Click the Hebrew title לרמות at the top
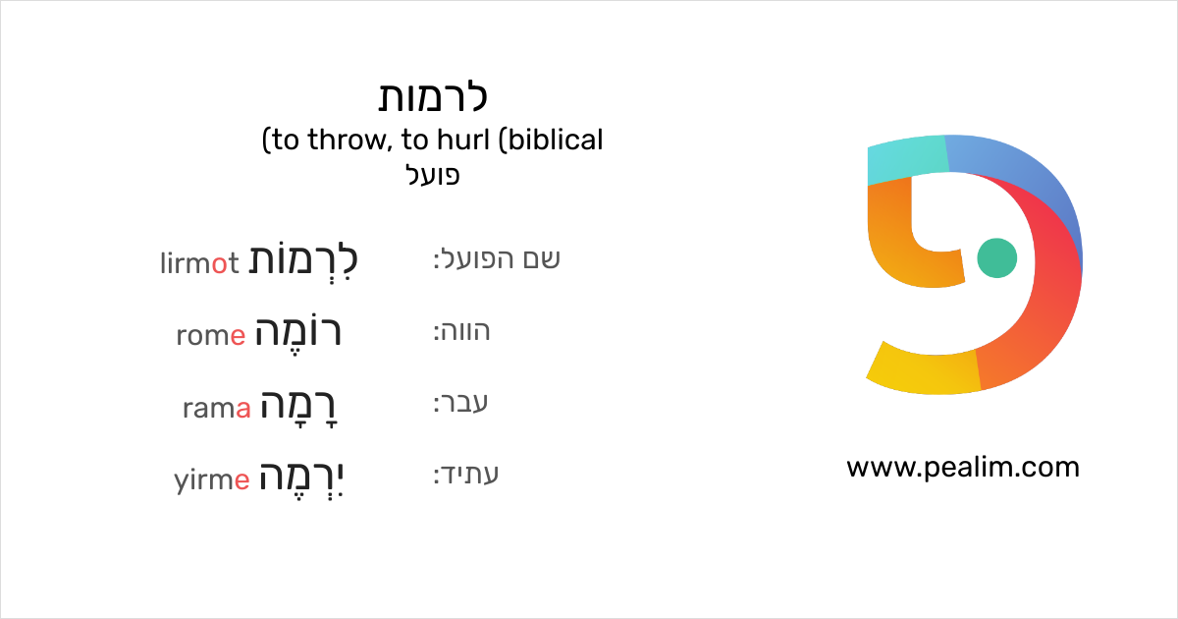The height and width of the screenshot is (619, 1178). coord(433,97)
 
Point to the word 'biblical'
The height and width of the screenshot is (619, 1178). coord(556,141)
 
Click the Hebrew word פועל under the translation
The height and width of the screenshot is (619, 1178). coord(433,176)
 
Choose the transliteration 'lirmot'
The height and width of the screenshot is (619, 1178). coord(199,262)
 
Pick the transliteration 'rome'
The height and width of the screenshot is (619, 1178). coord(210,335)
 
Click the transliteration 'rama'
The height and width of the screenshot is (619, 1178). coord(217,408)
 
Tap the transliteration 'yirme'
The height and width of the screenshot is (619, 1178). coord(211,480)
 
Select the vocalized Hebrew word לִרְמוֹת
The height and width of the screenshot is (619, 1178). coord(302,260)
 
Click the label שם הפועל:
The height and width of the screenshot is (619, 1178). coord(497,259)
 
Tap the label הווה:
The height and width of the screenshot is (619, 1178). coord(461,332)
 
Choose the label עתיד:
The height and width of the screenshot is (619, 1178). coord(466,476)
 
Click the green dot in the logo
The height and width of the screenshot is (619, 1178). coord(997,257)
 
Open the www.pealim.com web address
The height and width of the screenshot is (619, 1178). coord(962,468)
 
